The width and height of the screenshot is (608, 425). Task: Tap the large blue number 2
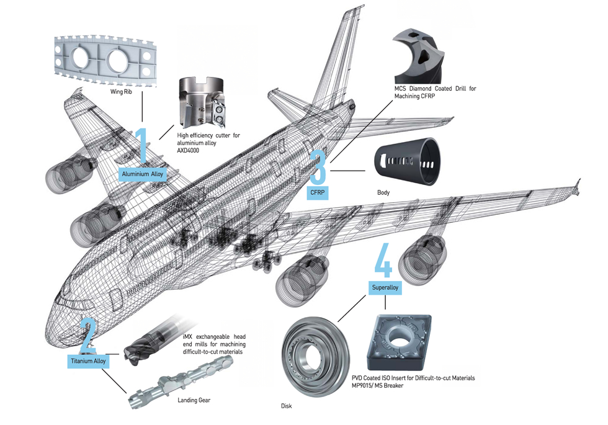click(x=88, y=336)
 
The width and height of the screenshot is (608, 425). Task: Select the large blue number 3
click(x=317, y=166)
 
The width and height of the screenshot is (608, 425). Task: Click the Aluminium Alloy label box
click(x=143, y=174)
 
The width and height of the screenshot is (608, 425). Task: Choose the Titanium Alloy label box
click(x=88, y=360)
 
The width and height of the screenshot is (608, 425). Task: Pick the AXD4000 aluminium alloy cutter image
click(x=202, y=103)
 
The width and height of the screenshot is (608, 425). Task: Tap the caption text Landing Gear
click(x=194, y=400)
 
